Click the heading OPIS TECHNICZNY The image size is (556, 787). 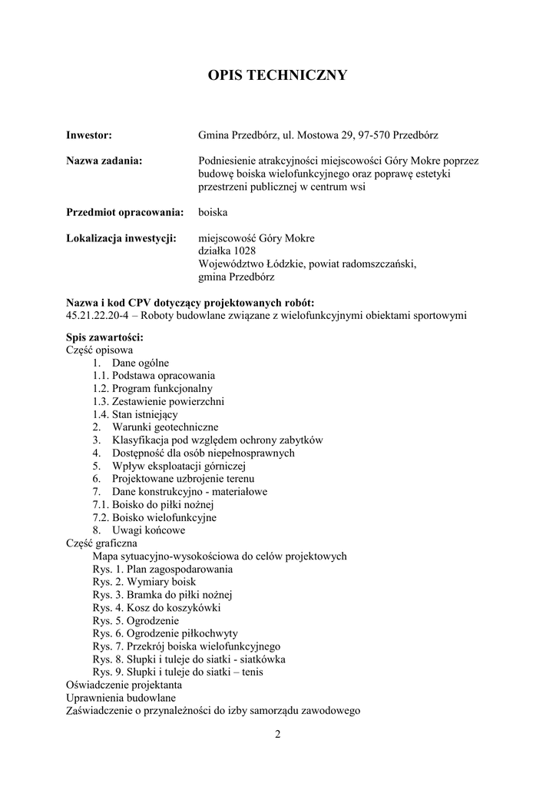coord(278,75)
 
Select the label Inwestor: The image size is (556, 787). coord(89,135)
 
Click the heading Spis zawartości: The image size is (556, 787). coord(104,337)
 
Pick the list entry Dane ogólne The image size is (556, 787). coord(141,363)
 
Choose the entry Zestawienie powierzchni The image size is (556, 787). coord(168,401)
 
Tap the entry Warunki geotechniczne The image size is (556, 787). coord(165,427)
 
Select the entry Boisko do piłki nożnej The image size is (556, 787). coord(162,504)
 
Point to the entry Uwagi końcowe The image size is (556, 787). coord(148,530)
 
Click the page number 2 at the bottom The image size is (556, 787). coord(278,734)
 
